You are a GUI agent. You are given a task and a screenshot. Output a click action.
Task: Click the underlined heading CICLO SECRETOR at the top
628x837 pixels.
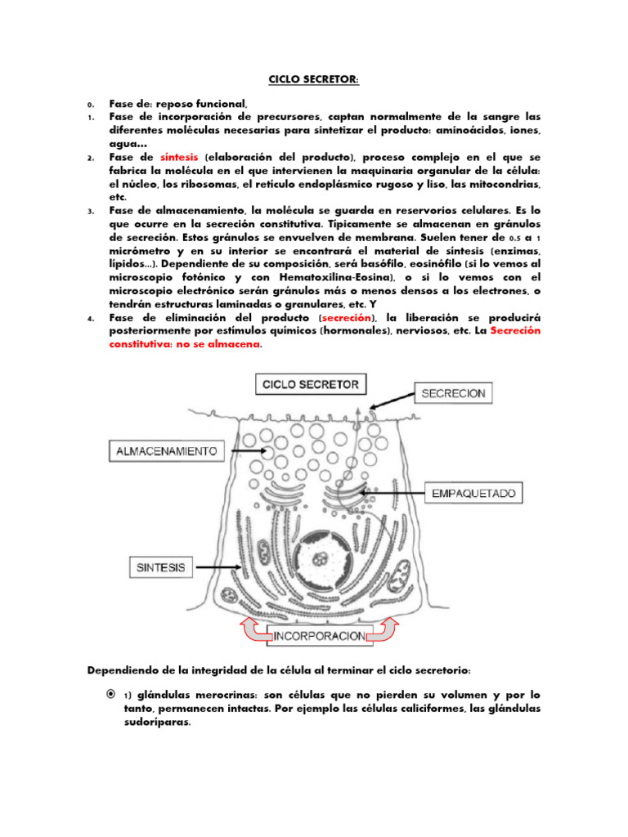coord(314,79)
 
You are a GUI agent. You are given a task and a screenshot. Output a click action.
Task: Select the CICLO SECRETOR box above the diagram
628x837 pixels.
coord(311,383)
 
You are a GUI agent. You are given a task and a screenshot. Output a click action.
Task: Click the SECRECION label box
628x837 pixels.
coord(453,393)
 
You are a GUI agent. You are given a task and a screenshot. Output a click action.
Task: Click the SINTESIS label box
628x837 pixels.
coord(160,566)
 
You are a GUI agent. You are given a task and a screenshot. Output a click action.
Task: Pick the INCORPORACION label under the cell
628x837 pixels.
coord(321,632)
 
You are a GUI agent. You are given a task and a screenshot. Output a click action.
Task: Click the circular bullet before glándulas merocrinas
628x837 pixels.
coord(110,694)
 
